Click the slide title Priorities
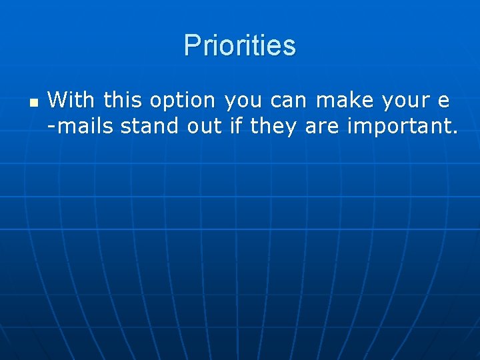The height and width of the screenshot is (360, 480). coord(239,46)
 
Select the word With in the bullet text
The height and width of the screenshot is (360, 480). coord(71,101)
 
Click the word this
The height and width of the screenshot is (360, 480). coord(122,101)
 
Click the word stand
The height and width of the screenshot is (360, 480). coord(150,126)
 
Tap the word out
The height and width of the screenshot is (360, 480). coord(203,126)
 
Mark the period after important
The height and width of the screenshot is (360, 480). coord(455,132)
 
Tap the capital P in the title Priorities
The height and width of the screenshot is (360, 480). coord(191,46)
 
